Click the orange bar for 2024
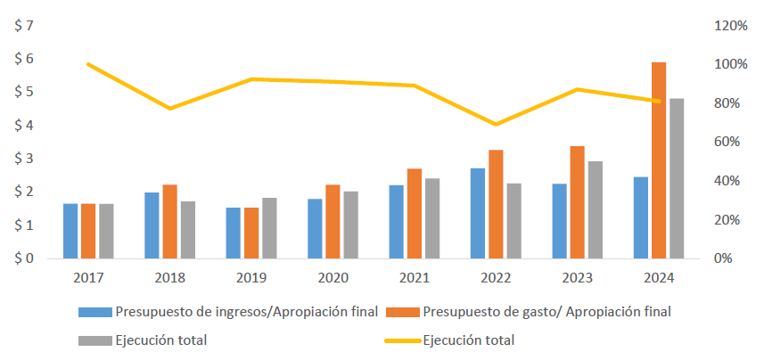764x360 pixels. click(x=659, y=160)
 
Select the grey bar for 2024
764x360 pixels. click(x=677, y=178)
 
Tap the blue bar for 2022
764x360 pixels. click(x=478, y=213)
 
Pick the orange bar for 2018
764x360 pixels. click(x=169, y=222)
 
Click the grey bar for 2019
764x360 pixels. click(x=269, y=228)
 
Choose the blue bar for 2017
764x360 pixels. click(x=70, y=231)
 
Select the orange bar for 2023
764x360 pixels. click(x=578, y=202)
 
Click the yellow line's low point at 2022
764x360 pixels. click(x=496, y=124)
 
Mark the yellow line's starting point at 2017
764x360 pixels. click(x=88, y=64)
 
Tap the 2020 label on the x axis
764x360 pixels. click(x=333, y=278)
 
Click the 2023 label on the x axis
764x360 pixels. click(x=578, y=278)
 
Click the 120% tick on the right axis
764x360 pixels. click(x=731, y=26)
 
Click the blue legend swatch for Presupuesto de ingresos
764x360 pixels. click(x=94, y=312)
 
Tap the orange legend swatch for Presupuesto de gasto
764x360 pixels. click(x=403, y=312)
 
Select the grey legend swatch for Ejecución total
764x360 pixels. click(x=94, y=340)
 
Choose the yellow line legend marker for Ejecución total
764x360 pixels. click(x=403, y=340)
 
